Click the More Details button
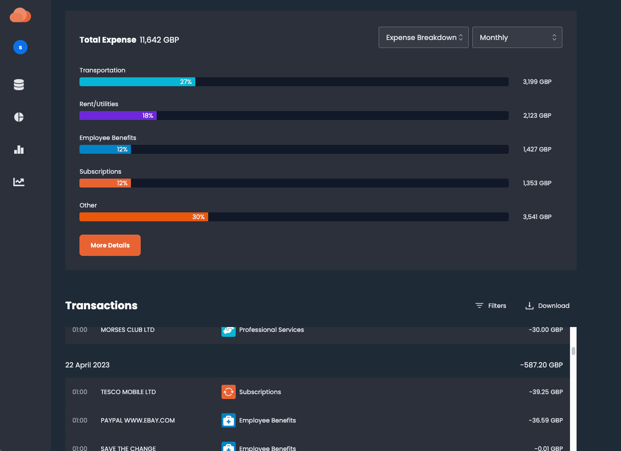tap(110, 245)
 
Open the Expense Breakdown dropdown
tap(423, 37)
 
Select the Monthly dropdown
tap(517, 37)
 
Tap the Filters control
tap(491, 306)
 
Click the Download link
tap(547, 306)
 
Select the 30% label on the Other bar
tap(198, 217)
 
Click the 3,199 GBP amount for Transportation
tap(537, 82)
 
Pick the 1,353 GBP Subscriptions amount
tap(537, 183)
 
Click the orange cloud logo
tap(20, 15)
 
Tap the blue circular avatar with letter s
tap(20, 47)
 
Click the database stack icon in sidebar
tap(19, 84)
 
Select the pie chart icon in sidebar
tap(19, 117)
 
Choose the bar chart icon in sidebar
tap(19, 149)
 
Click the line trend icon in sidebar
tap(19, 182)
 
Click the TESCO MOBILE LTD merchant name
tap(128, 392)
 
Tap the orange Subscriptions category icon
tap(229, 392)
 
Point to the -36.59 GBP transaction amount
tap(546, 420)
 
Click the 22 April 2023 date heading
tap(87, 365)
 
